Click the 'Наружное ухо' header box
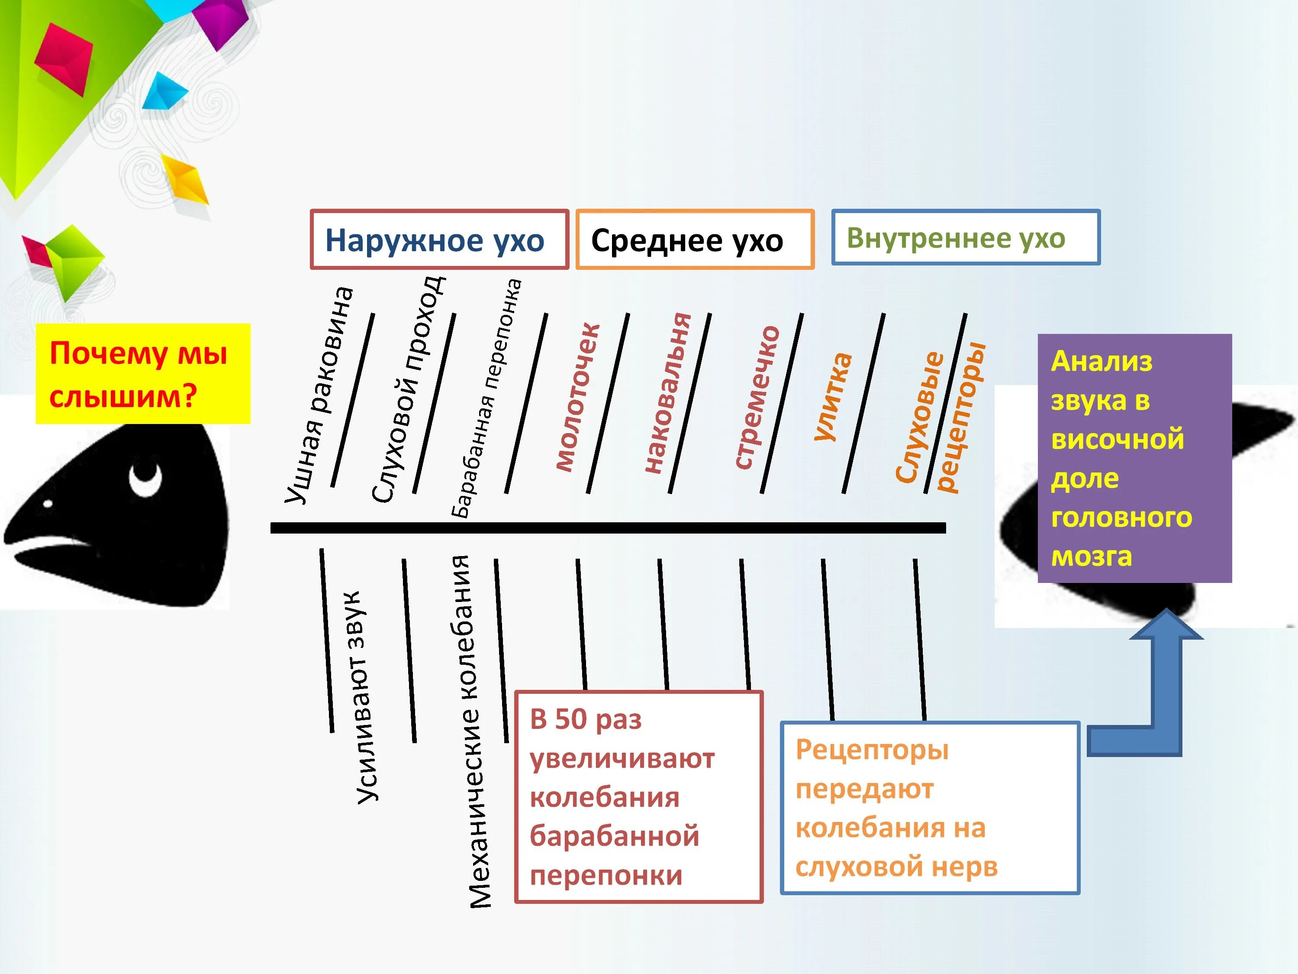(439, 239)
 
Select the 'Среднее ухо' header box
(695, 239)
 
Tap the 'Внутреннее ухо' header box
(965, 237)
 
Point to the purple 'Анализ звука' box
(1134, 458)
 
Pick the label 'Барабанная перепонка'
(486, 398)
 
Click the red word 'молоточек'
(577, 398)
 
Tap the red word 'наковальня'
(667, 393)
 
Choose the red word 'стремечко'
(757, 398)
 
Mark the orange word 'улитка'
(833, 396)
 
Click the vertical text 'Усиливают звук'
(367, 697)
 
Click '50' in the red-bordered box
(570, 719)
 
